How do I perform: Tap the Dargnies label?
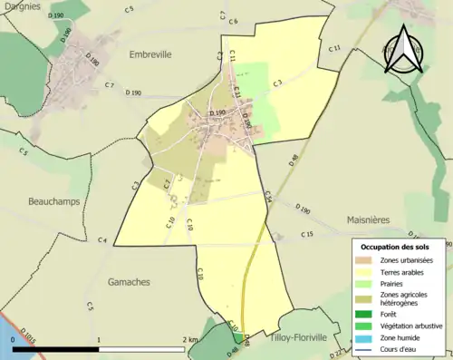(22, 6)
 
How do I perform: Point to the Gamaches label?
(128, 282)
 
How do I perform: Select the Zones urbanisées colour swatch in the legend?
(367, 260)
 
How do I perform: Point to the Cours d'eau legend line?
(367, 345)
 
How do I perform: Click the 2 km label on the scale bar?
(189, 339)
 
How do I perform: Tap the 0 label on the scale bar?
(14, 339)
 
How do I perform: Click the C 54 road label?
(267, 195)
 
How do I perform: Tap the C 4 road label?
(103, 239)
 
